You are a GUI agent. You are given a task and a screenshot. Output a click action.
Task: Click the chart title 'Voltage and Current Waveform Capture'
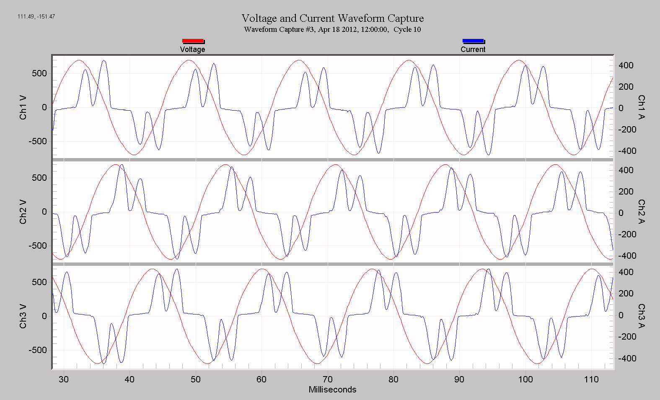pyautogui.click(x=332, y=18)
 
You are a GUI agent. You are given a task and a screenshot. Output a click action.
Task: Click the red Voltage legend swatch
pyautogui.click(x=193, y=41)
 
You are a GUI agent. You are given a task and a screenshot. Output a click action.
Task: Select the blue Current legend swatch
pyautogui.click(x=473, y=41)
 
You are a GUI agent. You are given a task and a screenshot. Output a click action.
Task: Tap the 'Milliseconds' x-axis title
pyautogui.click(x=332, y=390)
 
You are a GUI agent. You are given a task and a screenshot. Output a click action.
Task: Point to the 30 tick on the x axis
pyautogui.click(x=64, y=379)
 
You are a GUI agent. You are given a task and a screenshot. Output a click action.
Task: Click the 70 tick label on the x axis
pyautogui.click(x=327, y=379)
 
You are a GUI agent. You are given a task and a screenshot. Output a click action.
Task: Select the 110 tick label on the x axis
pyautogui.click(x=591, y=379)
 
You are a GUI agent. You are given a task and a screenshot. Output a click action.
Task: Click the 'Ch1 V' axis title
pyautogui.click(x=23, y=107)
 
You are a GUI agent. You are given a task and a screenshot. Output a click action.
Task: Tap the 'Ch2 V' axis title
pyautogui.click(x=23, y=212)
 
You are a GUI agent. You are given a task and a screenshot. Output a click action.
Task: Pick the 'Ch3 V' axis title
pyautogui.click(x=23, y=316)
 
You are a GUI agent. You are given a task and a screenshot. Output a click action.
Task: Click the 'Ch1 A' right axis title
pyautogui.click(x=641, y=107)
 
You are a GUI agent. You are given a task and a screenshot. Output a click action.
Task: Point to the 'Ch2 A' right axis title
pyautogui.click(x=641, y=212)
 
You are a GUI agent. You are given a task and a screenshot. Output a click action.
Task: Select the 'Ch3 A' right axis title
pyautogui.click(x=641, y=316)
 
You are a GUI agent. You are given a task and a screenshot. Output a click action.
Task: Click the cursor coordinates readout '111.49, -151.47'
pyautogui.click(x=36, y=16)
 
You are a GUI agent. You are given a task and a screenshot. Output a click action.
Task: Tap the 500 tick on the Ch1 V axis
pyautogui.click(x=39, y=73)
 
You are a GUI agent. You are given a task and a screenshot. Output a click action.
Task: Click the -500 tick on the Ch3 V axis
pyautogui.click(x=38, y=350)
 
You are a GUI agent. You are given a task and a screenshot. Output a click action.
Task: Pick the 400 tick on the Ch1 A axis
pyautogui.click(x=626, y=65)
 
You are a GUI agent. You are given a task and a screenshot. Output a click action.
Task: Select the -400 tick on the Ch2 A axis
pyautogui.click(x=627, y=256)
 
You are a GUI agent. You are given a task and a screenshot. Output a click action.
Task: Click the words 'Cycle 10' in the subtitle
pyautogui.click(x=407, y=29)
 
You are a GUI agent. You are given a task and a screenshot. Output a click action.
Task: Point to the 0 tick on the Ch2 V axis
pyautogui.click(x=44, y=212)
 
